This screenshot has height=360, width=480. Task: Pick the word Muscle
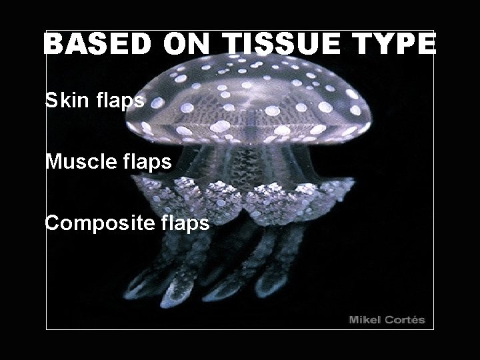78,162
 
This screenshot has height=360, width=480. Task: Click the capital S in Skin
51,101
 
